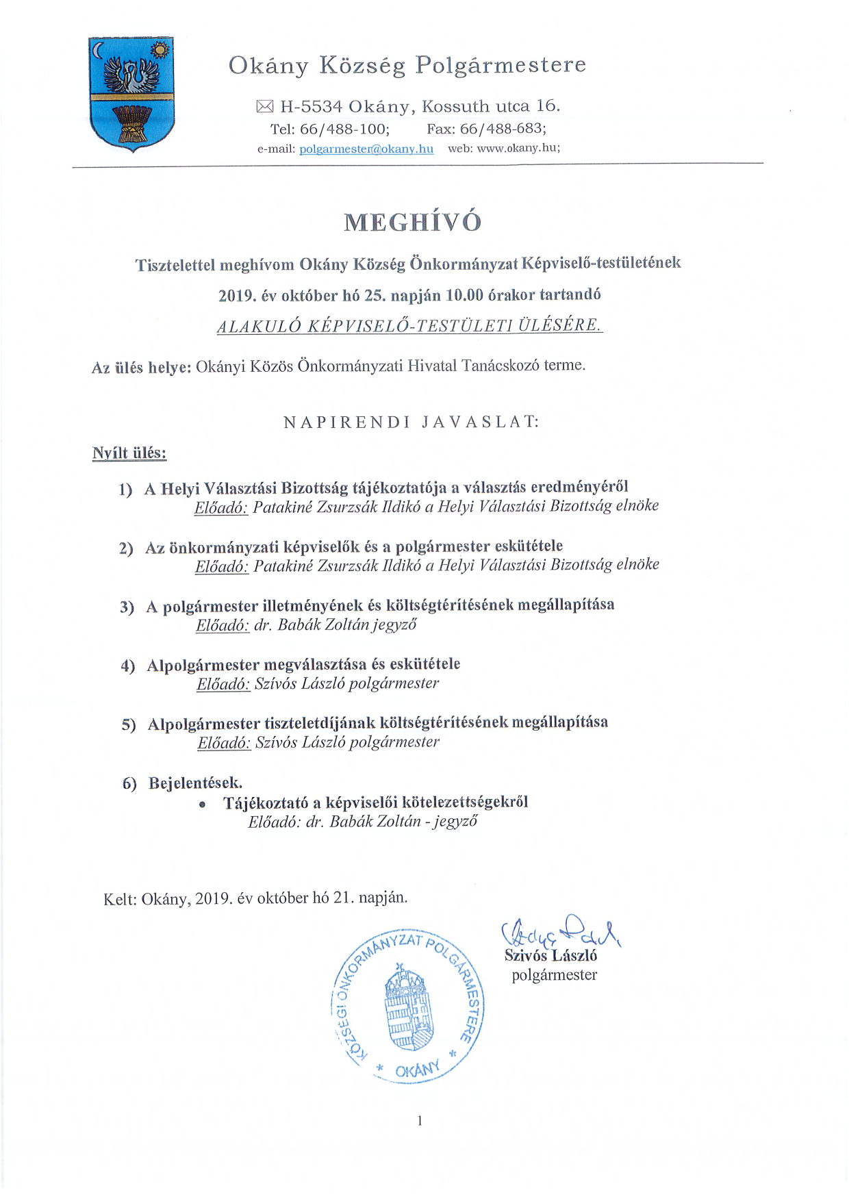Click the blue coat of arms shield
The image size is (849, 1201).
(131, 94)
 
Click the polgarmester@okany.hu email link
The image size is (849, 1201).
(366, 149)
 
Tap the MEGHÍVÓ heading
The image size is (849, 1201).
(412, 222)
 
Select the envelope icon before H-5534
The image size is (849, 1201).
(264, 106)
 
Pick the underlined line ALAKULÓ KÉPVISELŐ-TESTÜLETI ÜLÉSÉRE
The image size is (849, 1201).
(409, 325)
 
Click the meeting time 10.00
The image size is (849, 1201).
(464, 295)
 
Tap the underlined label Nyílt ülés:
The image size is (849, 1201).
(129, 453)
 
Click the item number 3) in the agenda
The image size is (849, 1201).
(127, 607)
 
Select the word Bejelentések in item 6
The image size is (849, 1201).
(194, 783)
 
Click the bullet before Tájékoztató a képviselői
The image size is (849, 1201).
(202, 805)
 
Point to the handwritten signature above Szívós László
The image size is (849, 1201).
(560, 931)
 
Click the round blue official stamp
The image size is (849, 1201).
(407, 1007)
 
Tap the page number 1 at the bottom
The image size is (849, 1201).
(420, 1120)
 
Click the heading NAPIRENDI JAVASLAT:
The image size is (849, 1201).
(411, 422)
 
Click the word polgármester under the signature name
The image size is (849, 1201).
(554, 975)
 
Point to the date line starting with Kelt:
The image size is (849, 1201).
(255, 898)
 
